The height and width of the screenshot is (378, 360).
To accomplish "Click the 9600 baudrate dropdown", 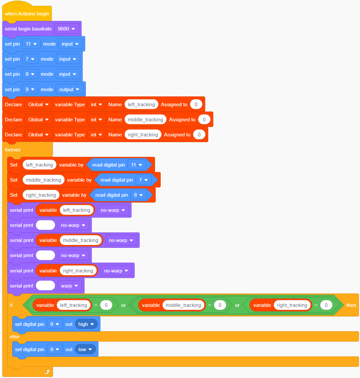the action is [x=66, y=29].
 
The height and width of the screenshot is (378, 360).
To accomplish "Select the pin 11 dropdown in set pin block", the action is [x=31, y=44].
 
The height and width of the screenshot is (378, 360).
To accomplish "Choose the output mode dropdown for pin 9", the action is [x=69, y=90].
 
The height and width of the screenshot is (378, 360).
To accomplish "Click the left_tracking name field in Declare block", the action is [x=141, y=104].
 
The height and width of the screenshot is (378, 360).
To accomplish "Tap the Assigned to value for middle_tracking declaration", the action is [x=204, y=120].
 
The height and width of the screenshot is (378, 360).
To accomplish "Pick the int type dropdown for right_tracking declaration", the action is [x=96, y=134].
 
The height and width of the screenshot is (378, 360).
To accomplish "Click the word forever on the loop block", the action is [x=13, y=150].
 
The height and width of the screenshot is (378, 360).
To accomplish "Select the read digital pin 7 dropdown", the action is [x=144, y=180].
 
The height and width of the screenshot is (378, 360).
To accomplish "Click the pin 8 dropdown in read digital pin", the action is [x=138, y=195].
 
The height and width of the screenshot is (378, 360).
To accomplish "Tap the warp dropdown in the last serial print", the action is [x=70, y=286].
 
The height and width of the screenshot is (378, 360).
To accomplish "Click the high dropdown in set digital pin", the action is [x=86, y=324].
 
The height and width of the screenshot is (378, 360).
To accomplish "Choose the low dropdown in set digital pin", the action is [x=85, y=349].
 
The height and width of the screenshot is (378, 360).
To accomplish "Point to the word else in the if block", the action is [x=14, y=337].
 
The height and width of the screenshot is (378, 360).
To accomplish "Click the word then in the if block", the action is [x=351, y=305].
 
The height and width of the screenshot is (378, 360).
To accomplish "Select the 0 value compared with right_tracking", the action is [x=326, y=305].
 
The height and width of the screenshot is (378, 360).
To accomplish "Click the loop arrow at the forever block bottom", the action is [x=47, y=372].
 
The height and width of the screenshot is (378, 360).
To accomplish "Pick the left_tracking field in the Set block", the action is [x=39, y=165].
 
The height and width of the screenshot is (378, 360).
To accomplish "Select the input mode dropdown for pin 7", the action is [x=68, y=59].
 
